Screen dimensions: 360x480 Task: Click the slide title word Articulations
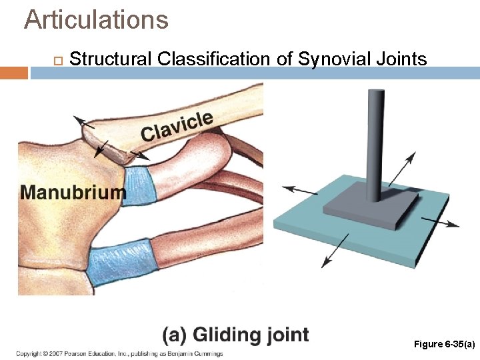point(96,20)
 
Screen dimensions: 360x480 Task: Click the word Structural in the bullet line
point(111,59)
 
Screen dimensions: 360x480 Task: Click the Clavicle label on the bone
point(177,127)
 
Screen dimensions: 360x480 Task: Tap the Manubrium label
point(73,193)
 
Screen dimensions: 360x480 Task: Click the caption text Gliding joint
point(236,335)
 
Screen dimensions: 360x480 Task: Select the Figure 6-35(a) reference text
point(444,344)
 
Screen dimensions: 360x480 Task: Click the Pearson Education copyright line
point(119,353)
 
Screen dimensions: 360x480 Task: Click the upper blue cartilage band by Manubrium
point(141,185)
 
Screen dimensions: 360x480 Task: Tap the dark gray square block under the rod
point(367,210)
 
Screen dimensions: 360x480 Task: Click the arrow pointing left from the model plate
point(300,191)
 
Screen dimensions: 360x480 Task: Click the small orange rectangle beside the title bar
point(13,72)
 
